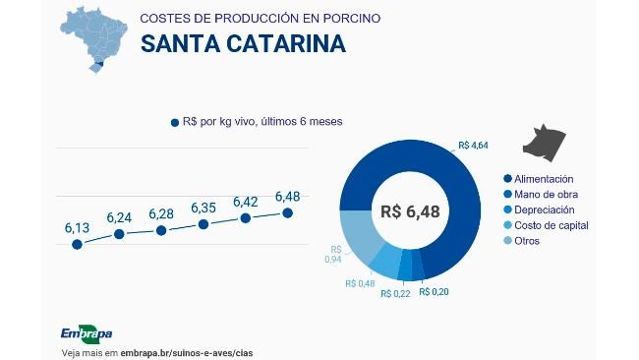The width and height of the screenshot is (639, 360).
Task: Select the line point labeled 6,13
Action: pos(77,243)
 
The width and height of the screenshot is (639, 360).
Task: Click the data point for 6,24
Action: pos(119,234)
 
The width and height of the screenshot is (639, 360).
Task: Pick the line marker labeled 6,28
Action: pos(161,230)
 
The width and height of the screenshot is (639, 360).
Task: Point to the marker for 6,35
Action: pos(203,224)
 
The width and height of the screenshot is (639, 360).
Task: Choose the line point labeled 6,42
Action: pos(246,217)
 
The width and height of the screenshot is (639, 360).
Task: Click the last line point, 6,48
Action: pos(288,211)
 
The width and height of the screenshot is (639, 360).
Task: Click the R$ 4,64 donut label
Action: pos(473,146)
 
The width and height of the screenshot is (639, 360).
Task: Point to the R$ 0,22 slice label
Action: pos(395,292)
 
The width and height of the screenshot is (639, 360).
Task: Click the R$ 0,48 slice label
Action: pos(361,283)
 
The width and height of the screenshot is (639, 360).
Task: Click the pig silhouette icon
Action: pos(547,143)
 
